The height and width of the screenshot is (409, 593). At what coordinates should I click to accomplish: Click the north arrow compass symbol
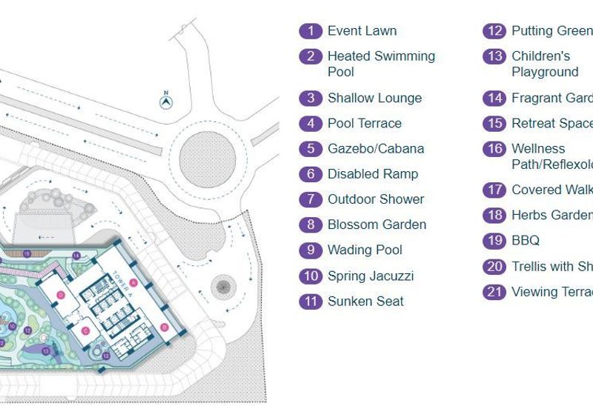pos(166,100)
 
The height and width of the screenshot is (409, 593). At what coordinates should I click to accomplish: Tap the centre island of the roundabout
pos(208,156)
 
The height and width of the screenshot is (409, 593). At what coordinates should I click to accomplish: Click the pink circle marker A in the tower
pos(133,282)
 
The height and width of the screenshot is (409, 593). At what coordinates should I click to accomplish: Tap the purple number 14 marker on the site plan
pos(76,256)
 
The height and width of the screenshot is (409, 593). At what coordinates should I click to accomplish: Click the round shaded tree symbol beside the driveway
pos(222,285)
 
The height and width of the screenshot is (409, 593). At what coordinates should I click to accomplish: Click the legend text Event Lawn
pos(362,31)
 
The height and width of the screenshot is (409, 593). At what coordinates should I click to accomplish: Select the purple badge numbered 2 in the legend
pos(311,56)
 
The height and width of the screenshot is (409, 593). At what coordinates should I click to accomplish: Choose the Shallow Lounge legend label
pos(374,98)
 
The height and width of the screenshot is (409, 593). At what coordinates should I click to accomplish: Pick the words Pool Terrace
pos(364,123)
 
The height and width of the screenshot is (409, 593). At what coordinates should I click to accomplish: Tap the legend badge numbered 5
pos(311,149)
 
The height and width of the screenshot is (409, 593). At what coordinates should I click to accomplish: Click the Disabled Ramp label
pos(372,174)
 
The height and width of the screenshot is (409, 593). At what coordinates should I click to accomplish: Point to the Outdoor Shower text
pos(376,199)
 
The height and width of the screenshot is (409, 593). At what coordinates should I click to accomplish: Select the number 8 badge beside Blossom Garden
pos(311,225)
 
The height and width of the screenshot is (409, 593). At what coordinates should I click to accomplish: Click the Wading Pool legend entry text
pos(365,250)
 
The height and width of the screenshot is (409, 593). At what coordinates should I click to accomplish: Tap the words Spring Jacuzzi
pos(370,276)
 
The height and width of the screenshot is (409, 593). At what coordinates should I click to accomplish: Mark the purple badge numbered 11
pos(311,302)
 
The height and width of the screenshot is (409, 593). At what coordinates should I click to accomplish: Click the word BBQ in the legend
pos(525,240)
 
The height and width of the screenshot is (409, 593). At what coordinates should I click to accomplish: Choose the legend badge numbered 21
pos(494,292)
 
